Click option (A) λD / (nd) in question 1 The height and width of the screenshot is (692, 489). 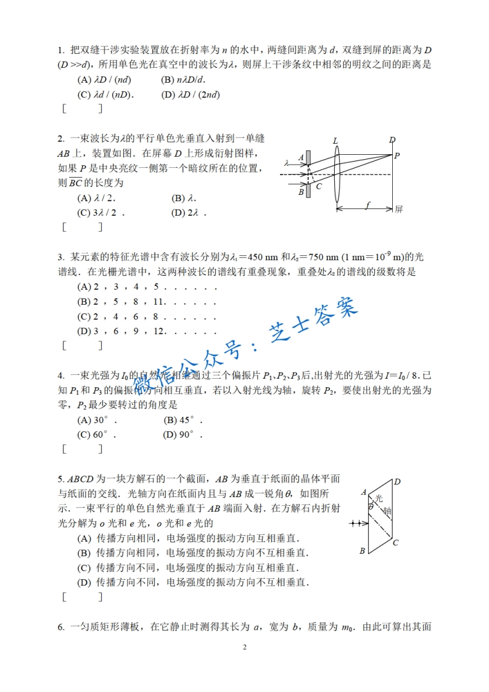click(104, 80)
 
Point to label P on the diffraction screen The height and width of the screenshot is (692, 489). click(397, 155)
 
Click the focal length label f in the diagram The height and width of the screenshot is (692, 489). click(367, 205)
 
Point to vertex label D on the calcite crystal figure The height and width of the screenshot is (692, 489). click(398, 482)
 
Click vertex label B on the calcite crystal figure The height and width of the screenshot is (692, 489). click(363, 551)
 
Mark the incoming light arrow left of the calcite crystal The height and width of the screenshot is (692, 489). click(356, 523)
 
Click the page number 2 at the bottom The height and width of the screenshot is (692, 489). click(245, 647)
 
